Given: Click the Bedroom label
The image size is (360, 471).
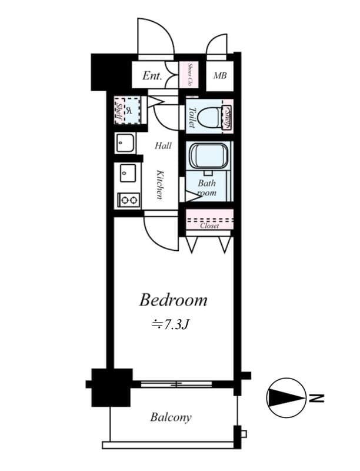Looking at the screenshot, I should (x=173, y=300).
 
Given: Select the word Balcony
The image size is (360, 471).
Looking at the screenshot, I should (x=171, y=417).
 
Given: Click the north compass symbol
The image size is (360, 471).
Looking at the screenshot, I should (x=286, y=398).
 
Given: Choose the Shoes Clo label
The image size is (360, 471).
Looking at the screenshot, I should (x=191, y=75).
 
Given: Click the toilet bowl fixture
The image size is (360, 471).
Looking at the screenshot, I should (x=208, y=117).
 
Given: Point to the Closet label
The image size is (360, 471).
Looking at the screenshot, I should (x=209, y=225).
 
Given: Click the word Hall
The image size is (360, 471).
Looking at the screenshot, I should (x=163, y=145).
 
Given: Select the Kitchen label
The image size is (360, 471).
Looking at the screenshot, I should (x=159, y=184).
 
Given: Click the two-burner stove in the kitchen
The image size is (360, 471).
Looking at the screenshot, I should (x=129, y=200).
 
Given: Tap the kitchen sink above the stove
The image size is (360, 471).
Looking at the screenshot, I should (x=128, y=173).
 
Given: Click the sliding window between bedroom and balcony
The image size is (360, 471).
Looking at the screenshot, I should (x=176, y=384).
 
